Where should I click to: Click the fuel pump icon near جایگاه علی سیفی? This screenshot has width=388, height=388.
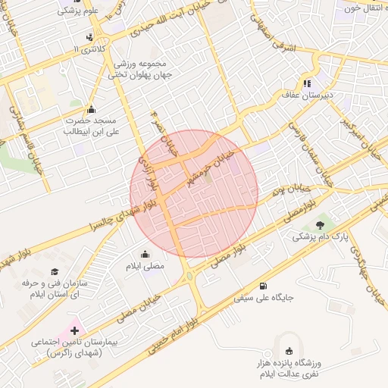263,286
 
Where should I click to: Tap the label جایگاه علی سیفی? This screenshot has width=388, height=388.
263,298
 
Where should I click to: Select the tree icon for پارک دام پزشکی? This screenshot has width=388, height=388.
319,224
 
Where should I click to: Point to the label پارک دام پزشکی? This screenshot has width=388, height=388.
320,236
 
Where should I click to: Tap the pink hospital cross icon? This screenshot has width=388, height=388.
74,330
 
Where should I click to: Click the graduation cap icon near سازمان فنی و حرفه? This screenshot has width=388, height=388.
54,271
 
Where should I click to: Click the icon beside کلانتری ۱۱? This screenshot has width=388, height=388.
90,37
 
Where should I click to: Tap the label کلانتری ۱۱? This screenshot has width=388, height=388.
91,48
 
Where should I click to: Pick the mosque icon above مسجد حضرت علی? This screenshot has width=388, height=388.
92,108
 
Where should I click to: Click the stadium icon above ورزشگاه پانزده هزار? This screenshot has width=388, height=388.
288,350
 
